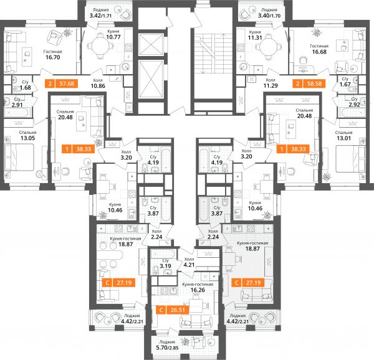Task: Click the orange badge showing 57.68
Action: [x=61, y=83]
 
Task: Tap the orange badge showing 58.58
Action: [x=309, y=83]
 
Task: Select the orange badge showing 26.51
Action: [x=173, y=310]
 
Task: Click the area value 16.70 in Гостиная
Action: [x=53, y=57]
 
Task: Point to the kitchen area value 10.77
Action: [x=113, y=37]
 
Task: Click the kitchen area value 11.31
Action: [x=255, y=37]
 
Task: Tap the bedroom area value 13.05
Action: [x=27, y=138]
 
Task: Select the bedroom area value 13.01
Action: [x=343, y=138]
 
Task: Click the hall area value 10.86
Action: [x=98, y=86]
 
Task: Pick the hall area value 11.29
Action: [x=271, y=85]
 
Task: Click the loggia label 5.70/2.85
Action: [x=167, y=348]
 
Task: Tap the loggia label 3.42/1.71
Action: [x=100, y=16]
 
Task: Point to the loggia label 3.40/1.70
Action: [x=269, y=16]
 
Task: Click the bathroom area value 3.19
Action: [x=165, y=266]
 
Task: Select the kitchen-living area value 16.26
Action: [x=198, y=290]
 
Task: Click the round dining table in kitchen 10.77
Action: [x=100, y=45]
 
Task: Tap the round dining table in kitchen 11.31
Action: [x=268, y=46]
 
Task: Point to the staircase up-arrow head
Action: [x=223, y=35]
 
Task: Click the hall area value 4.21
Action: [x=189, y=265]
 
